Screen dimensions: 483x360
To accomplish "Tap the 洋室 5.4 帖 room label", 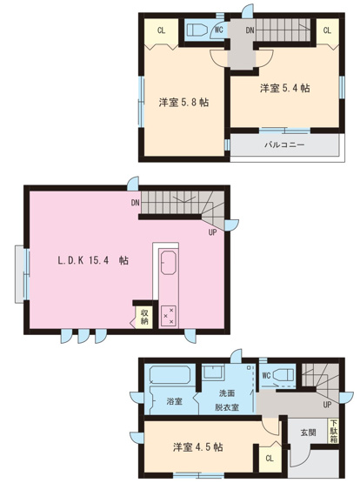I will (x=284, y=88).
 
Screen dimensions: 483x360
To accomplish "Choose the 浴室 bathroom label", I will (x=174, y=401).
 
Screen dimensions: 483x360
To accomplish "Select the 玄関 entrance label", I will (x=308, y=432).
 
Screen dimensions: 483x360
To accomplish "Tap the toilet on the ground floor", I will (x=284, y=376).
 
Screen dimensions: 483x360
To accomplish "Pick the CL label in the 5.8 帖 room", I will (x=162, y=30).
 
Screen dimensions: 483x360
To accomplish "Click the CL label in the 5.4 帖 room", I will (x=327, y=30).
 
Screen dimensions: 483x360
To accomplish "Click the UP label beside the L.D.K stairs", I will (x=212, y=232).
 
